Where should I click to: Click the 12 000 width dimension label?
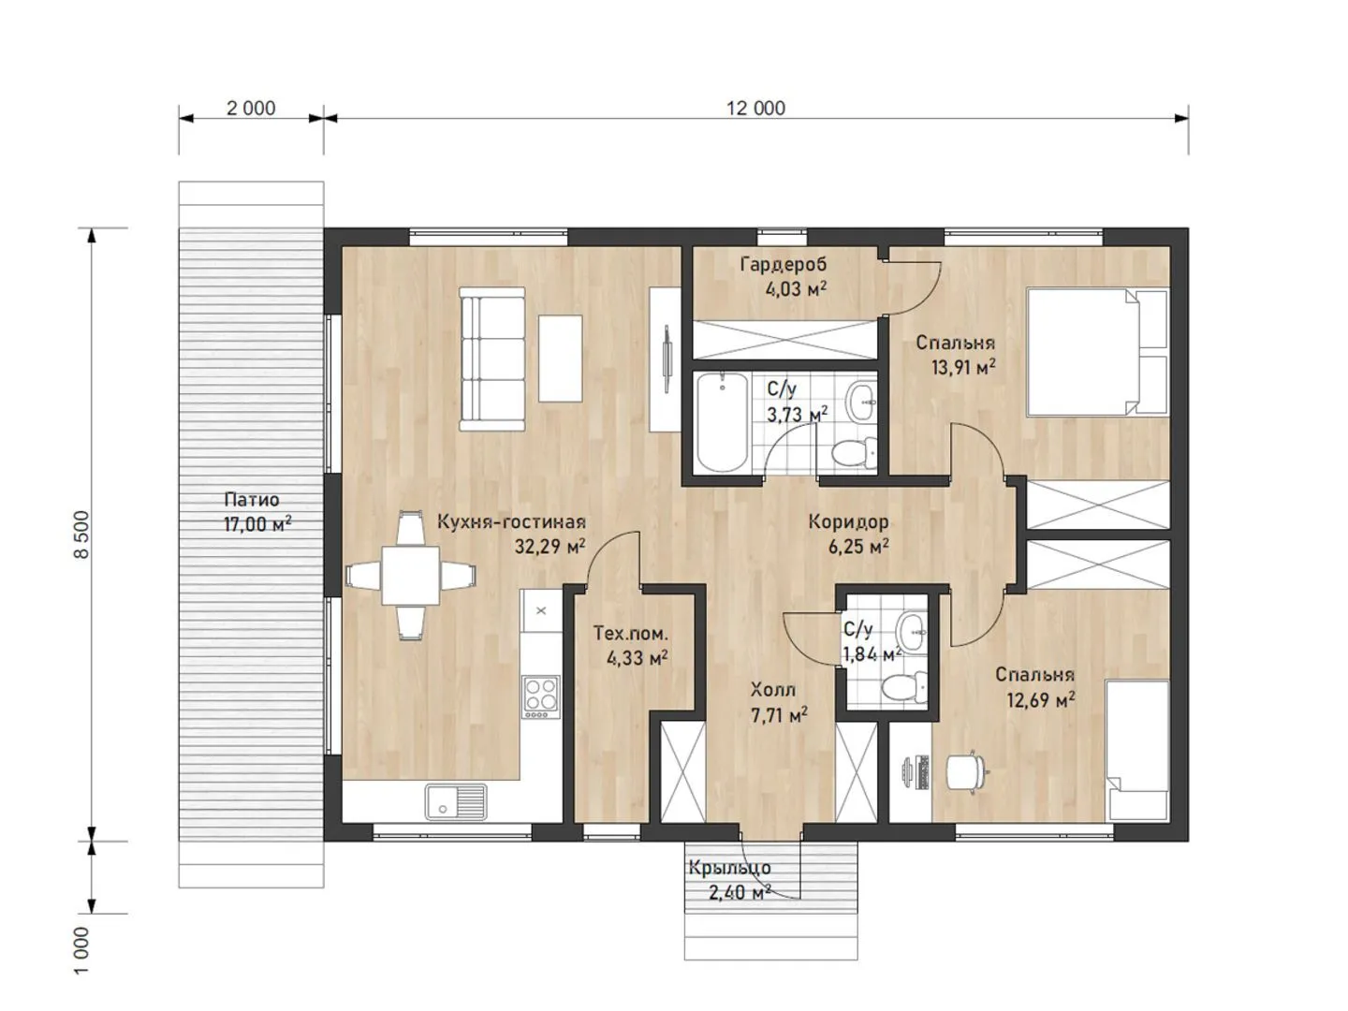coord(755,108)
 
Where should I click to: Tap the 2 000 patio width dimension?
coord(251,108)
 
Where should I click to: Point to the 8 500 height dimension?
coord(81,534)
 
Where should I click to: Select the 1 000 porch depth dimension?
coord(81,949)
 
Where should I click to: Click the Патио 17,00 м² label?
coord(256,511)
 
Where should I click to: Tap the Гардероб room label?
coord(783,265)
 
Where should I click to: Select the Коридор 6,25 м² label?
coord(849,534)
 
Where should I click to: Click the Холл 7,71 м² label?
coord(779,702)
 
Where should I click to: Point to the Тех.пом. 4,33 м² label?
coord(631,645)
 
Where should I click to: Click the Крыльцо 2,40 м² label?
coord(730,880)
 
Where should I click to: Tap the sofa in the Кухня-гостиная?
coord(491,359)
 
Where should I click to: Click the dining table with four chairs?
coord(410,576)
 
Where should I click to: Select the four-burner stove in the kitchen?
coord(540,696)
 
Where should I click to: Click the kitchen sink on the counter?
coord(456,801)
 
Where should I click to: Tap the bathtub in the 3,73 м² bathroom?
coord(722,423)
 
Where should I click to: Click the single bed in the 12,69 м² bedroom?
coord(1136,750)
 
